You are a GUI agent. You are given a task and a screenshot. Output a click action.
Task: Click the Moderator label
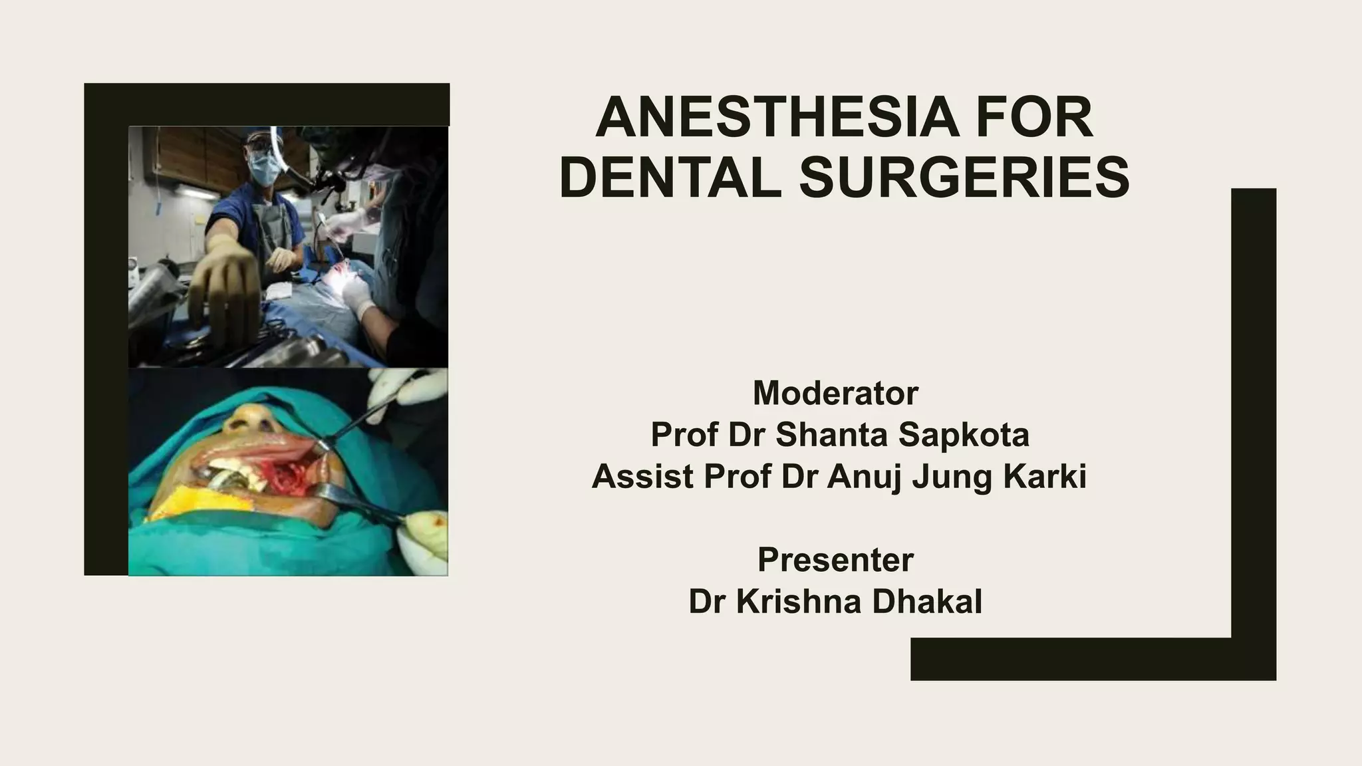[835, 393]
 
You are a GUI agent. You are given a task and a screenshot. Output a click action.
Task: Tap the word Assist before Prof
[642, 476]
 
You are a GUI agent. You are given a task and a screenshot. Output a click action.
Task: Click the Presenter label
[835, 560]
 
